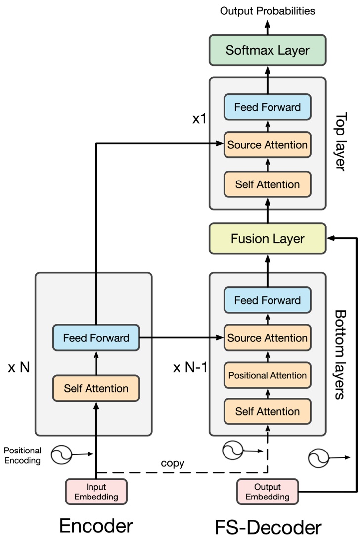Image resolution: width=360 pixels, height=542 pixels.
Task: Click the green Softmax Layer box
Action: point(268,50)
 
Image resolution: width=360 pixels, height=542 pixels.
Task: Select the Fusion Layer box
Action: point(268,239)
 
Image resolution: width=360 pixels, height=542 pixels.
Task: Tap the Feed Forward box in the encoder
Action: point(96,338)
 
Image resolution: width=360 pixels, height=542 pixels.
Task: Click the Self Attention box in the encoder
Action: point(96,388)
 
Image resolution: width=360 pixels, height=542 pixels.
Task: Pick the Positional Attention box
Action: point(268,375)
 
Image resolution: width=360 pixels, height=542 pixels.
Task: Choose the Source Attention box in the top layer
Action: point(268,145)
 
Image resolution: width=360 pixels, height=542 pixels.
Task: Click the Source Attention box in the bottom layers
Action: point(268,338)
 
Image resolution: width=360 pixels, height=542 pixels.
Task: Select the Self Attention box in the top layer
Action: point(268,184)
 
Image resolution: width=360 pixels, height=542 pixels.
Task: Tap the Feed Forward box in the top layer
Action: point(268,107)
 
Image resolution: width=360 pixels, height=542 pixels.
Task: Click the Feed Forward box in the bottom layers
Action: point(268,300)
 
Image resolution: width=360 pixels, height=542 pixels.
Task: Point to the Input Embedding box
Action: point(96,491)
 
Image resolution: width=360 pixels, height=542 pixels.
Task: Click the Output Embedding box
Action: point(268,491)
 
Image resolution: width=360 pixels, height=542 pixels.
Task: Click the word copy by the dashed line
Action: point(172,464)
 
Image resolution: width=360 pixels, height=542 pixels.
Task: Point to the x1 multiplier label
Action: point(199,120)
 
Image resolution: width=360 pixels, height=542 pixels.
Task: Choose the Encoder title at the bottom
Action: point(96,526)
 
